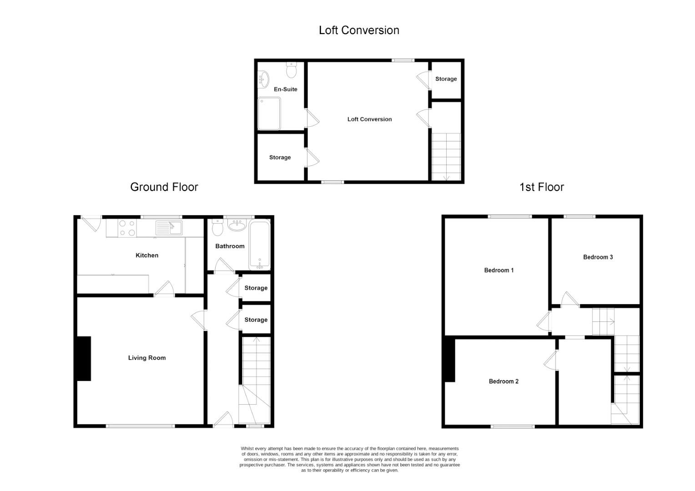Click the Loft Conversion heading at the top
359,30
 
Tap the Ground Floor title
164,187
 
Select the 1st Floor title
542,187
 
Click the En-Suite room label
286,89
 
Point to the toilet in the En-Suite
292,70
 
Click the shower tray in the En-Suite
269,114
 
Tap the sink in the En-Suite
263,79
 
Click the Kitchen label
147,255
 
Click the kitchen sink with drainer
169,228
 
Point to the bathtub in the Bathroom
260,245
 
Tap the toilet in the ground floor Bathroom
217,227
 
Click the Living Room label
147,358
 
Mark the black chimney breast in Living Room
84,359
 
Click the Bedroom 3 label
598,257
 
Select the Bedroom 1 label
499,270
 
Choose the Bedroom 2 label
504,381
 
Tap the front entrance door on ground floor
223,419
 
